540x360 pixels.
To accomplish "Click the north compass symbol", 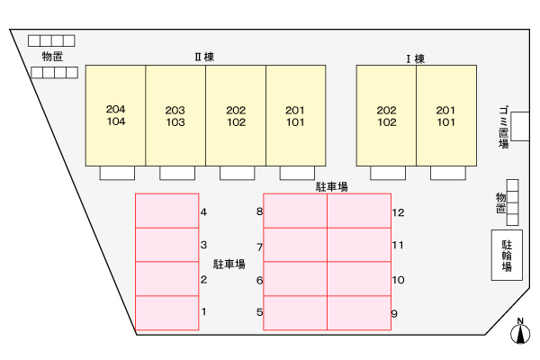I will pos(519,332).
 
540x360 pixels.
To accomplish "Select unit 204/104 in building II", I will pos(115,115).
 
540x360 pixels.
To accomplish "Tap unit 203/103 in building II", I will pos(175,115).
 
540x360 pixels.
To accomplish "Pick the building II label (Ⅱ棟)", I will pos(204,57).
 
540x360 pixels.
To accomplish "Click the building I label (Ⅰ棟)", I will pos(415,59).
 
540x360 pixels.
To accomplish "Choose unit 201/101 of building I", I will pos(445,115).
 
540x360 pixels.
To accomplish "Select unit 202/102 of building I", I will pos(386,115).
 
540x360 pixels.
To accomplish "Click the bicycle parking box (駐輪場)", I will pos(507,255).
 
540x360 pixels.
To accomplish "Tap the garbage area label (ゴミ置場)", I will pos(503,128).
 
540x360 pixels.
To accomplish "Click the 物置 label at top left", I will pos(52,57).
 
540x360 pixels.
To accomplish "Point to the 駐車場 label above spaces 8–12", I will pos(332,187).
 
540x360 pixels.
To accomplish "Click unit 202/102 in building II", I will pos(236,115).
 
